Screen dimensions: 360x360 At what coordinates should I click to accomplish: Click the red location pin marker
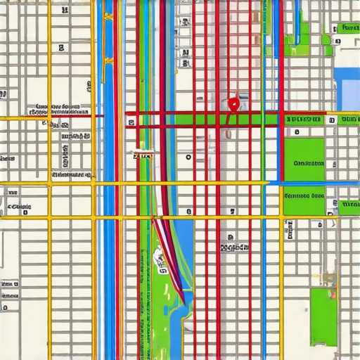[x=233, y=105]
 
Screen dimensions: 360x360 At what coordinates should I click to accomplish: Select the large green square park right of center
[x=304, y=159]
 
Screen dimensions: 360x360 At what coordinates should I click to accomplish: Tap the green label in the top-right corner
[x=347, y=28]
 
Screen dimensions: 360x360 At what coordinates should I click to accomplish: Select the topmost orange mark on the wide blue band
[x=108, y=18]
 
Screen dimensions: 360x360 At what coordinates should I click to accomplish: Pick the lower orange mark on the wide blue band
[x=108, y=60]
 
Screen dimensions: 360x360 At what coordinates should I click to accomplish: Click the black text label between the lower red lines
[x=234, y=247]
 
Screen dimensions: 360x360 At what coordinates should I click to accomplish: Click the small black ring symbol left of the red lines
[x=188, y=157]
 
